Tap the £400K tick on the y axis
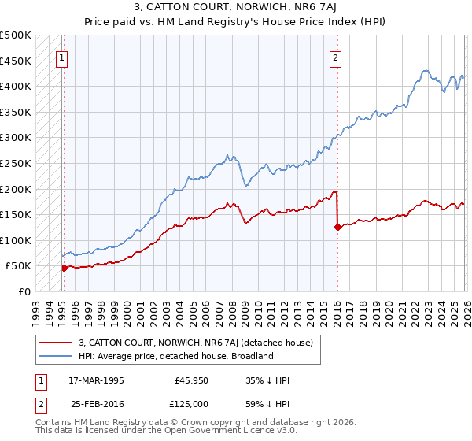pyautogui.click(x=16, y=86)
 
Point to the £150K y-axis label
pyautogui.click(x=16, y=214)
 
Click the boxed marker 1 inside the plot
pyautogui.click(x=62, y=57)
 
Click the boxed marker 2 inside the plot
pyautogui.click(x=336, y=57)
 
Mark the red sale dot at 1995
pyautogui.click(x=64, y=268)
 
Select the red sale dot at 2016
pyautogui.click(x=337, y=228)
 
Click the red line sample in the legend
pyautogui.click(x=56, y=343)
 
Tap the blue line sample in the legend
pyautogui.click(x=56, y=356)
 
